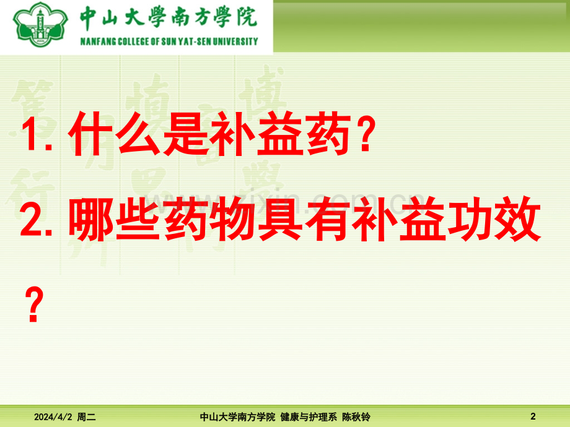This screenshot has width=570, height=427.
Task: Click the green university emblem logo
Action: coord(40,24)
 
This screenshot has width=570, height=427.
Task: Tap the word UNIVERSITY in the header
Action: coord(235,41)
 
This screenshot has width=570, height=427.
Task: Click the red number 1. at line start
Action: coord(37,135)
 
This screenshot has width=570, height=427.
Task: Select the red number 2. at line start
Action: coord(36,219)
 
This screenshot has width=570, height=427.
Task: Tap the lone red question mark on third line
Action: coord(34,304)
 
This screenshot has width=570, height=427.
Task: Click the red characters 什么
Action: coord(115,134)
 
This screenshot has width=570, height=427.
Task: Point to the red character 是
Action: coord(185,134)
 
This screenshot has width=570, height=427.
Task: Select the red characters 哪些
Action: coord(114,219)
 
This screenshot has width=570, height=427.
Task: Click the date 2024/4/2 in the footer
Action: coord(53,417)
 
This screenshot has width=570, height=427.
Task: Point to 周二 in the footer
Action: coord(87,417)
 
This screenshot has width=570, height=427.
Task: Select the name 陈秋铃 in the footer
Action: coord(356,417)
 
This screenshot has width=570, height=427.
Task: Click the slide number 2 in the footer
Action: coord(533,416)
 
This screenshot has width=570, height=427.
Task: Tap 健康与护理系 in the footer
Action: coord(309,417)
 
